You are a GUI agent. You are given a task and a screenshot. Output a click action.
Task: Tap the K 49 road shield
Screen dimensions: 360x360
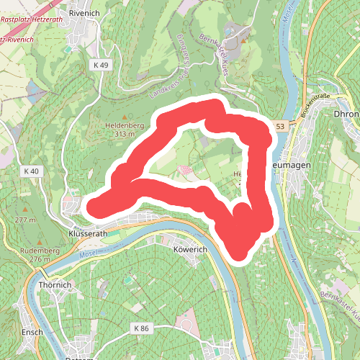pos(101,66)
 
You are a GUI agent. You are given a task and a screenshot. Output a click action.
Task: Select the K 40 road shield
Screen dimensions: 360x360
pos(30,171)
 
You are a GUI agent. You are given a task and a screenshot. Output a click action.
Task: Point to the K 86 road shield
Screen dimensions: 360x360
pos(140,328)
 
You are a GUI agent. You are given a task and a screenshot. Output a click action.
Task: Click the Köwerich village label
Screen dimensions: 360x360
pos(191,249)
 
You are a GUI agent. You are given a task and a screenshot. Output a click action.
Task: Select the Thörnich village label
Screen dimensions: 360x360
pos(55,284)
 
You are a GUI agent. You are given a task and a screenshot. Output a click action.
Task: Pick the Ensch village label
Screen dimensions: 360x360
pos(32,332)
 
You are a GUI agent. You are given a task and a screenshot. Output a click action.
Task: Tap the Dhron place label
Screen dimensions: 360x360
pos(347,114)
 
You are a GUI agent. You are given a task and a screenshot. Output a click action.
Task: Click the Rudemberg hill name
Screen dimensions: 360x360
pos(21,250)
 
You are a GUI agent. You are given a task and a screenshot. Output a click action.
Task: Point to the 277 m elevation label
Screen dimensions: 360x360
pos(24,220)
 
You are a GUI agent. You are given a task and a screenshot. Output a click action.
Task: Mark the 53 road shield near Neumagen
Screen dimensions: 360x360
pos(279,126)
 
